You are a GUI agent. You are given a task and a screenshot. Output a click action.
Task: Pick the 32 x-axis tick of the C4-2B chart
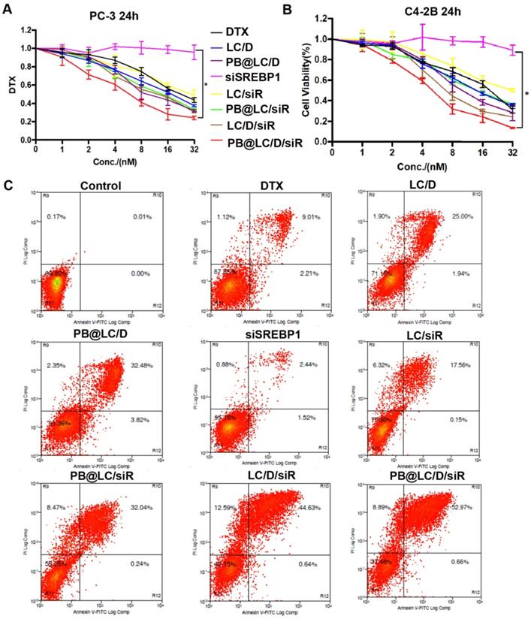(x=512, y=152)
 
